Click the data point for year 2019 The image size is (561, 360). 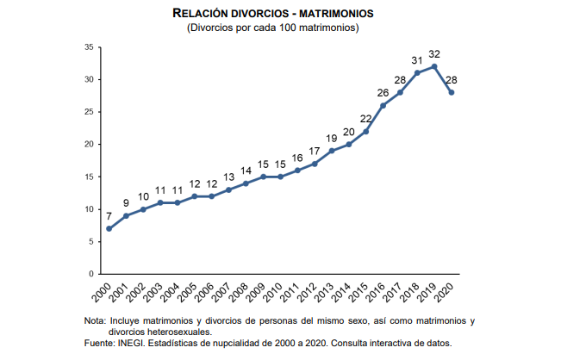click(434, 66)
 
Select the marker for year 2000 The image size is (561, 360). click(109, 228)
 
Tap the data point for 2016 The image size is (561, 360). click(383, 105)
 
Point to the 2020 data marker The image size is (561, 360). click(452, 92)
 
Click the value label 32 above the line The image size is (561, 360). click(434, 53)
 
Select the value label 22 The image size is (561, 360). click(365, 119)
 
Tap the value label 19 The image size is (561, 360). click(331, 138)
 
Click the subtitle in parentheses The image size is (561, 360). click(273, 28)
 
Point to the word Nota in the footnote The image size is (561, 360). click(95, 320)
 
